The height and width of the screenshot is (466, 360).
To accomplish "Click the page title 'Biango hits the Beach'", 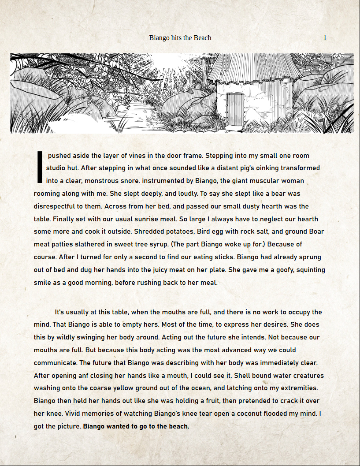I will point(180,38).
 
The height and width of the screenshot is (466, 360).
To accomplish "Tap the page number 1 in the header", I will point(325,38).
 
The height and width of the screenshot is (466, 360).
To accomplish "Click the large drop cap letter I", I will point(40,168).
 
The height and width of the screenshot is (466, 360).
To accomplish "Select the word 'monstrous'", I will point(121,181).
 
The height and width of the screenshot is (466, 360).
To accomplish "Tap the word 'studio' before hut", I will point(58,168).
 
